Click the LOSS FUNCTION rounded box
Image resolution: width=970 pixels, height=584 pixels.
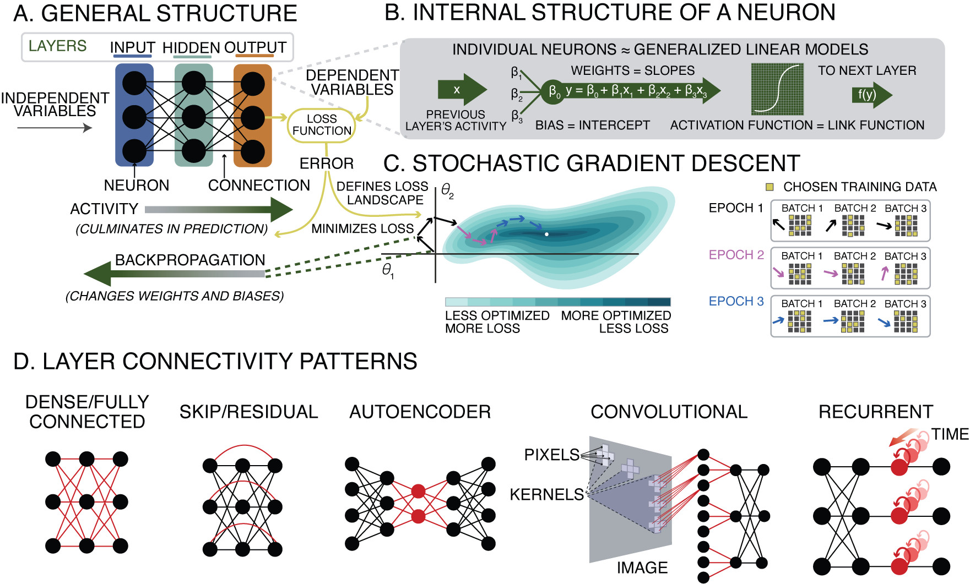[322, 125]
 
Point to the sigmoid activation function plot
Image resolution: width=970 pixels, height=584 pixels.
[777, 89]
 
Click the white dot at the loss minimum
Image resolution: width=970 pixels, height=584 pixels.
[546, 234]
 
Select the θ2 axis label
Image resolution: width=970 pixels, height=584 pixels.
[447, 192]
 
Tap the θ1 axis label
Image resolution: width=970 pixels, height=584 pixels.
[388, 270]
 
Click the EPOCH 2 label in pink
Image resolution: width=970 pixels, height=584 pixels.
[736, 255]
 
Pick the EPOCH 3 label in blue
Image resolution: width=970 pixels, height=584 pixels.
[736, 302]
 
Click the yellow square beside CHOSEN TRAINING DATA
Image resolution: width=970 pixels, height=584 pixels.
[770, 187]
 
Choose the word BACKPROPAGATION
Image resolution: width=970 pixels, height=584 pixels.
[190, 260]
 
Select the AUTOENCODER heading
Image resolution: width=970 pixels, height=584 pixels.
[420, 412]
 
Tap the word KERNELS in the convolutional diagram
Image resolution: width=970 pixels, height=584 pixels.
[546, 495]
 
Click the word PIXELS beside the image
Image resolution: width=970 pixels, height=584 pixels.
[551, 455]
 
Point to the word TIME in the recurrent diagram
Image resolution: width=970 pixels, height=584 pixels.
[950, 434]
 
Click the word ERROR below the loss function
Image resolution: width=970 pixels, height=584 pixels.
[327, 163]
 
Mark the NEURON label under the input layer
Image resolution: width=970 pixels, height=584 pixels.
[137, 185]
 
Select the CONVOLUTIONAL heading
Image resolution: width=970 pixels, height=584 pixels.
[669, 412]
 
